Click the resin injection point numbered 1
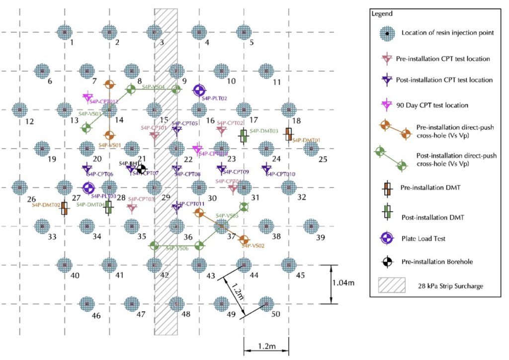coord(64,32)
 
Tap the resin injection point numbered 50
coord(266,303)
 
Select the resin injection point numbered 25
coord(311,148)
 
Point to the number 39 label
coord(321,238)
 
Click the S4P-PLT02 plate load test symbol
coord(199,90)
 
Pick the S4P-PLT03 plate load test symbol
coord(88,188)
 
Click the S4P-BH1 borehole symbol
coord(141,170)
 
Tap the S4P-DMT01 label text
coord(306,140)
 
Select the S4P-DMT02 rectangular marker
coord(64,209)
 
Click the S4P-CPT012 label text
coord(104,102)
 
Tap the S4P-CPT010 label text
coord(281,174)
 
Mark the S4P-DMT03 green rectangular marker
coord(244,136)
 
